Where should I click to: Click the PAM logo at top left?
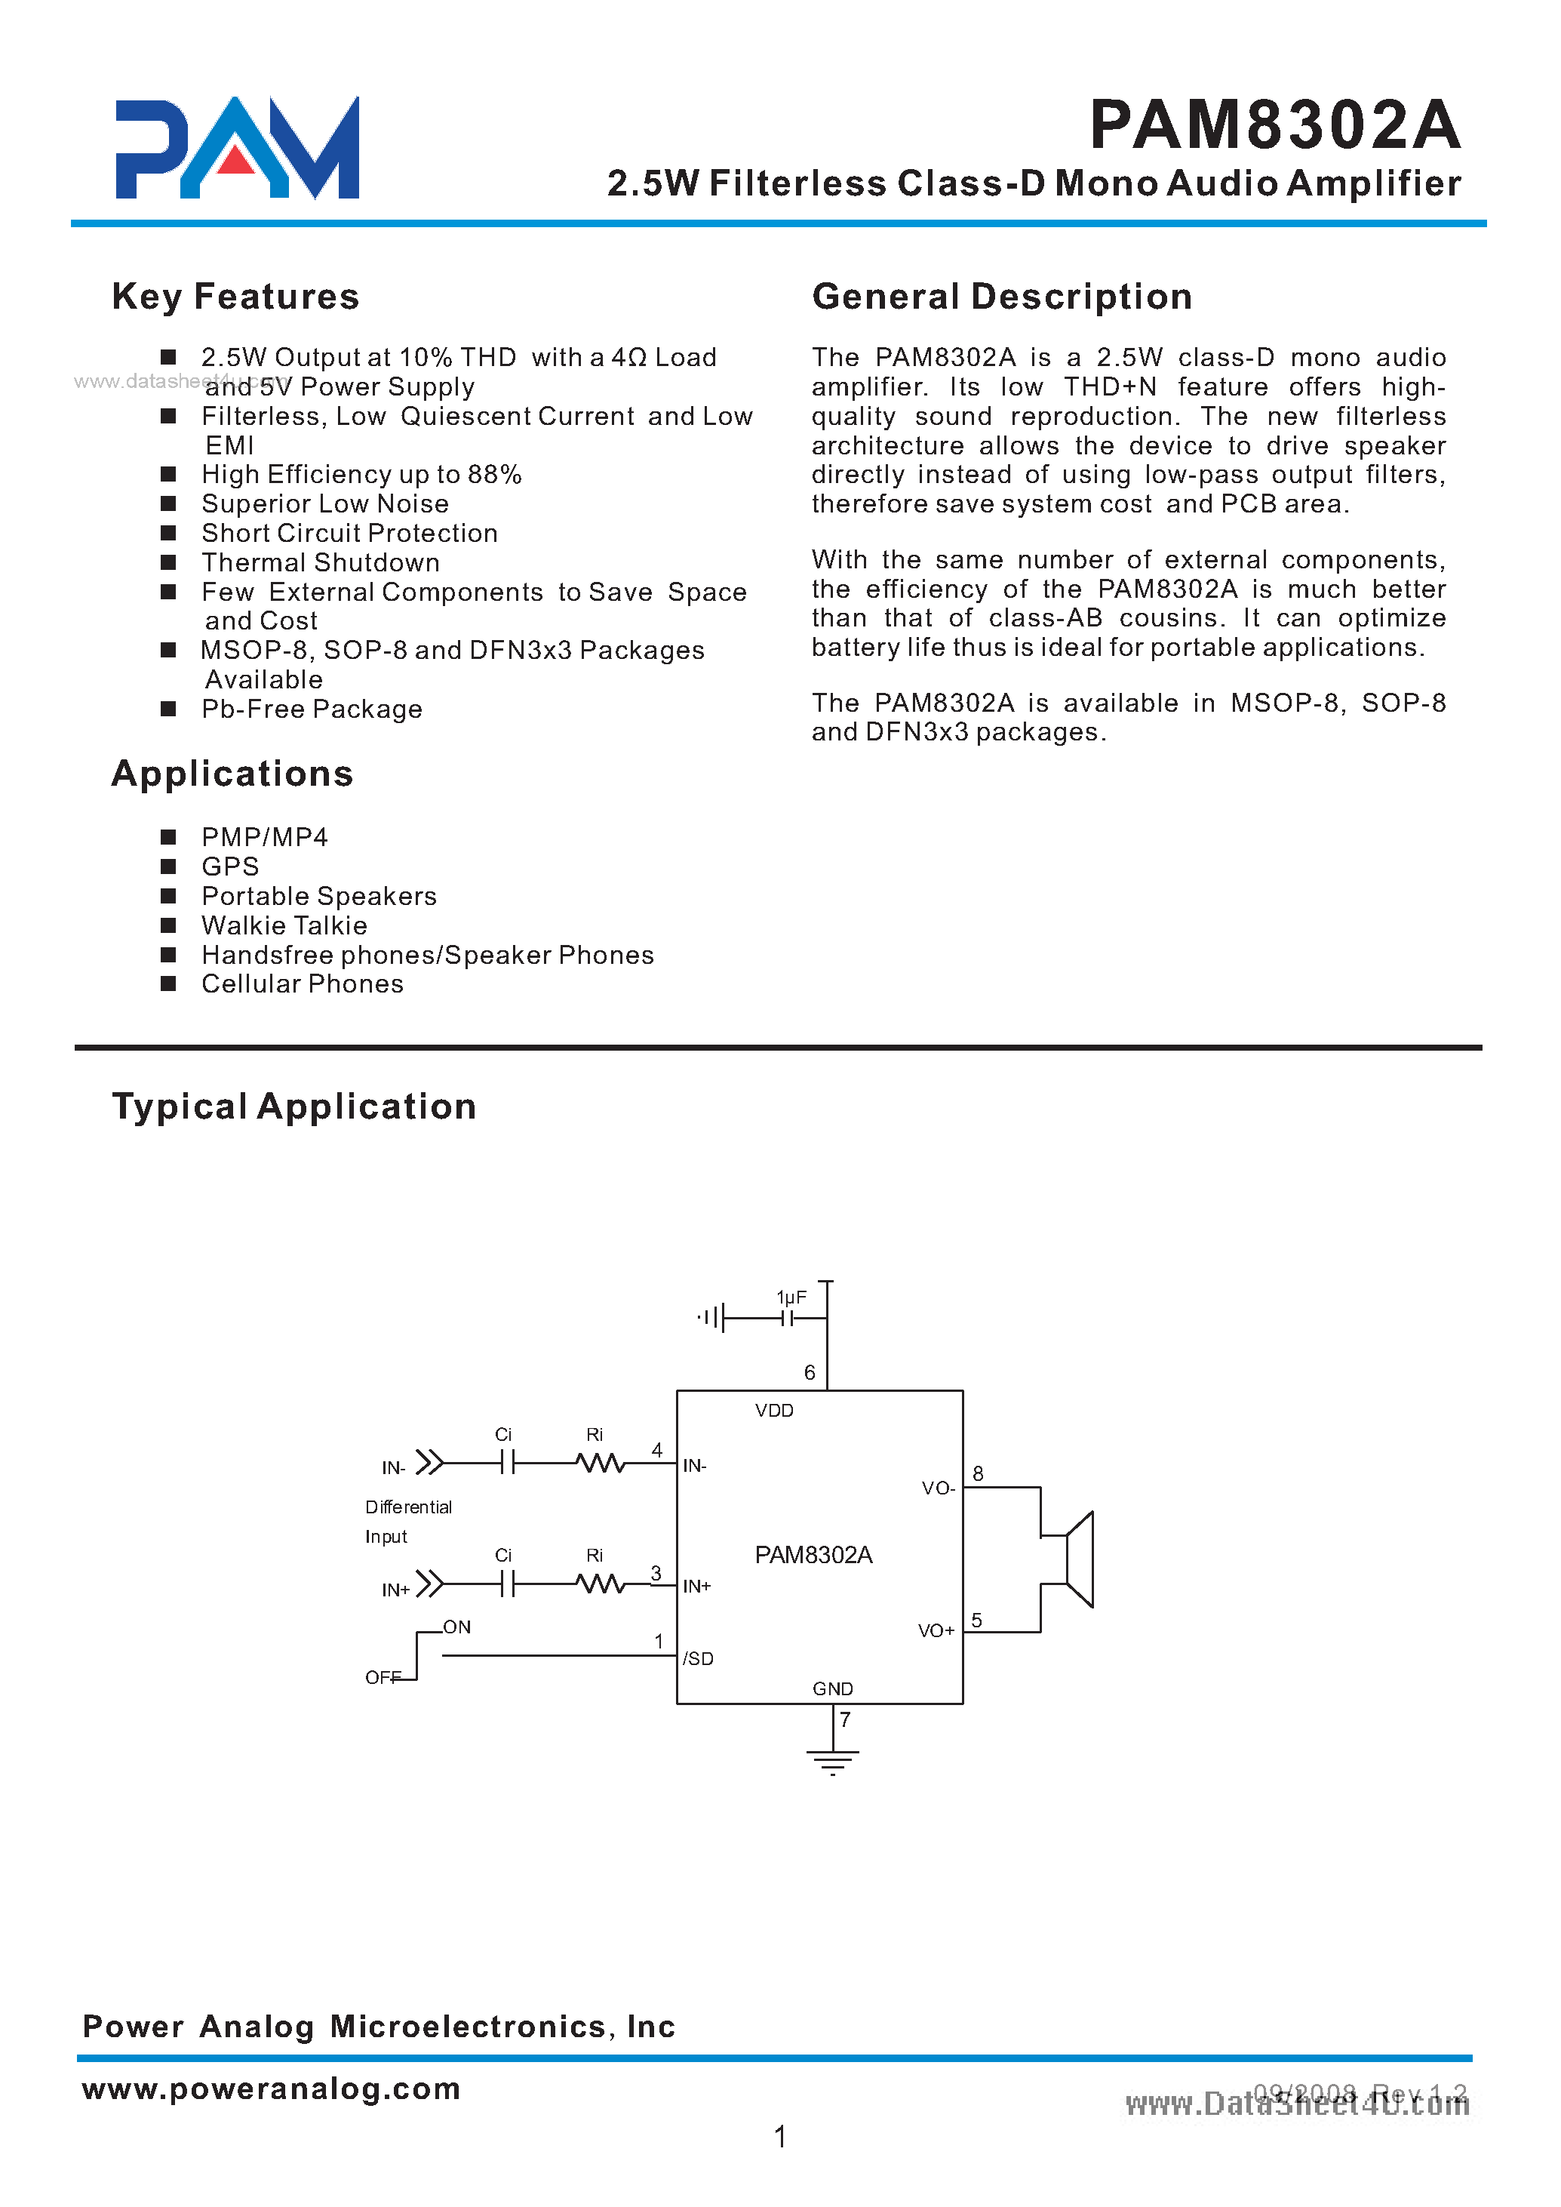point(236,148)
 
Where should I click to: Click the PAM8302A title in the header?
point(1274,126)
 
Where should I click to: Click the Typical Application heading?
point(294,1107)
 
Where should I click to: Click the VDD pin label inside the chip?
point(774,1411)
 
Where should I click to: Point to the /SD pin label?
point(698,1659)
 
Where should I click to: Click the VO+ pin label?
point(936,1631)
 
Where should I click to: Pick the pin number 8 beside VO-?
point(978,1473)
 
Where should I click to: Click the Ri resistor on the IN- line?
point(601,1464)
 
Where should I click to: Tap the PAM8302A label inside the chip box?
point(813,1555)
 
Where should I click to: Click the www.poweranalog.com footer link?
point(271,2088)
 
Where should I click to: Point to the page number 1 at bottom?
point(779,2137)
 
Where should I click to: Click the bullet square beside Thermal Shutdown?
point(168,562)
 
